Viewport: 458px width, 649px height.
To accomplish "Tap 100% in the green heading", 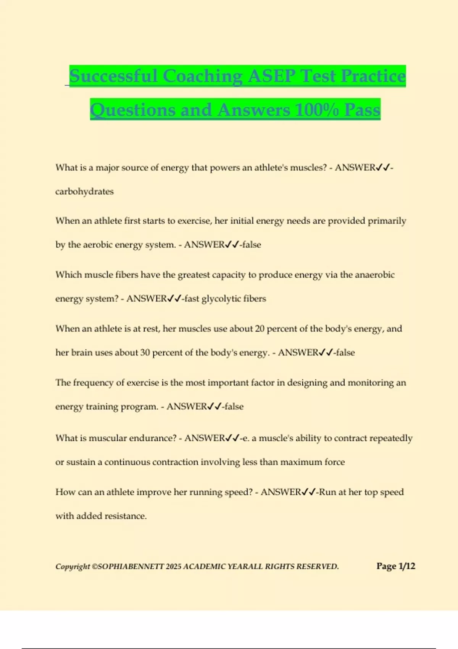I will pyautogui.click(x=316, y=110).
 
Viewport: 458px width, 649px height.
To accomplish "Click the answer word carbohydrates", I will pyautogui.click(x=84, y=191).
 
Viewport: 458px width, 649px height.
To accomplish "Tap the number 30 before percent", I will pyautogui.click(x=145, y=352).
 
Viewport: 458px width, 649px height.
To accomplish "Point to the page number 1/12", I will pyautogui.click(x=407, y=566).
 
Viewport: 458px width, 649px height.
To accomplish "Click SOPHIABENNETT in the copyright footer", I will pyautogui.click(x=131, y=567).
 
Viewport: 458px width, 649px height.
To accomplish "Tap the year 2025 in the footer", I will pyautogui.click(x=174, y=567).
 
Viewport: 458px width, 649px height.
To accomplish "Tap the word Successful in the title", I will pyautogui.click(x=113, y=76).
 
